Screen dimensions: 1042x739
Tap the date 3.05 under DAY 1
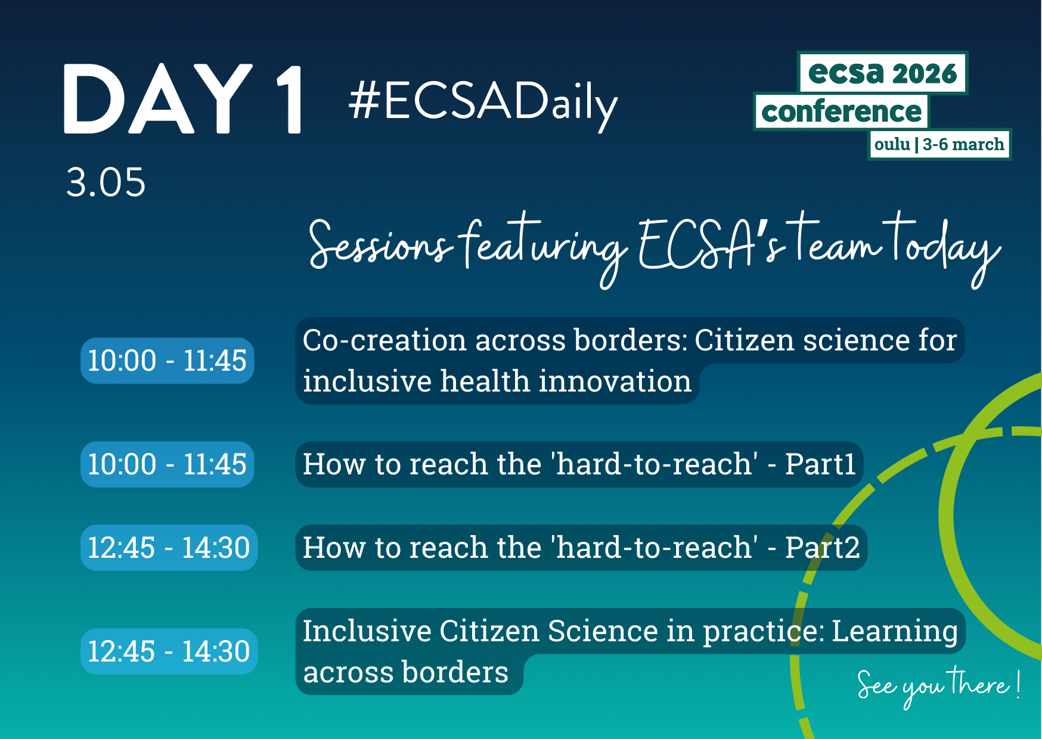[x=106, y=182]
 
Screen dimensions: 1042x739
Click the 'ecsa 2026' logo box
[x=882, y=73]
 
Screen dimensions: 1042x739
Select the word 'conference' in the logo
[x=841, y=111]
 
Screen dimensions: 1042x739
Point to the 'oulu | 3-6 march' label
[x=939, y=144]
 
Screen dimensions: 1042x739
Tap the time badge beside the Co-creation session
[x=168, y=361]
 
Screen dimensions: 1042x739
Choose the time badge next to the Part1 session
[x=168, y=464]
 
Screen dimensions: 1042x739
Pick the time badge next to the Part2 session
[x=169, y=548]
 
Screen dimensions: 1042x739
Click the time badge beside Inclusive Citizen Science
[x=169, y=651]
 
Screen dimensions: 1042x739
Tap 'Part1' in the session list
[x=820, y=464]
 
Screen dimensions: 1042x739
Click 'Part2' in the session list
[x=822, y=548]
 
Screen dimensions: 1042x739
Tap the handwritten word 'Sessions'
[x=379, y=244]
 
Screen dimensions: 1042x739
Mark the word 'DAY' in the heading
[x=158, y=99]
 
